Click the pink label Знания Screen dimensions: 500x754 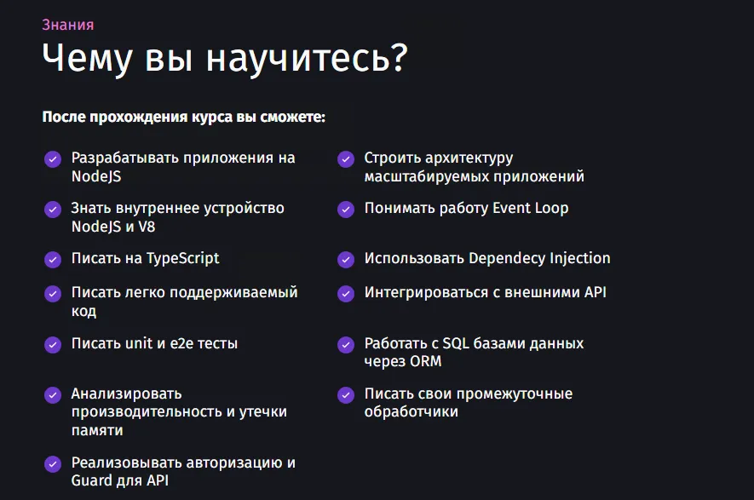[68, 25]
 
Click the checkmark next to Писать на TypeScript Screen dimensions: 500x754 [53, 259]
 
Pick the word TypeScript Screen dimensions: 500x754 [183, 258]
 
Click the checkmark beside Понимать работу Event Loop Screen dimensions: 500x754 [346, 209]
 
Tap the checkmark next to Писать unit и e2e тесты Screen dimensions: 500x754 [53, 344]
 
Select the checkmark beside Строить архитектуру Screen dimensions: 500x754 [346, 158]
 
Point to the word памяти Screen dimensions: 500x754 [97, 430]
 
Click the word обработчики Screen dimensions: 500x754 [412, 411]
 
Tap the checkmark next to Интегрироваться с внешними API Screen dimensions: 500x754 [346, 293]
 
